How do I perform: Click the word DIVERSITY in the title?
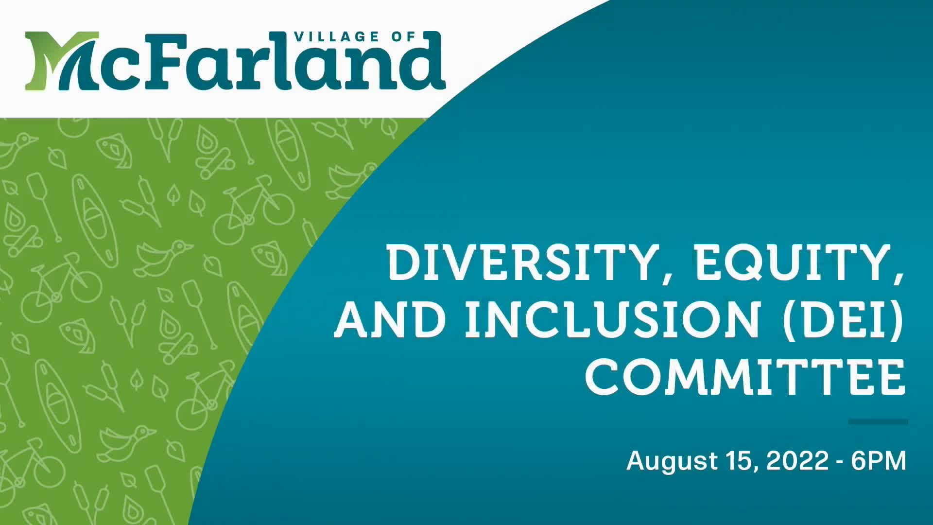click(520, 263)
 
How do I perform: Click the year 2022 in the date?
click(797, 460)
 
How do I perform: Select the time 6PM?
click(879, 460)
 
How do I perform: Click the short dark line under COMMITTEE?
click(878, 422)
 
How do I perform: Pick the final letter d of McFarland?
click(423, 61)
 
